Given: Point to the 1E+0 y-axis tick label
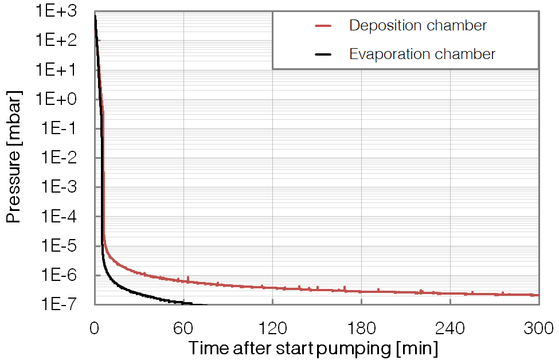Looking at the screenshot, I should [x=63, y=99].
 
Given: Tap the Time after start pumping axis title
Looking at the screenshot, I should [x=314, y=348].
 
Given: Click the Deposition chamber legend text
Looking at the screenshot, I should [x=418, y=26].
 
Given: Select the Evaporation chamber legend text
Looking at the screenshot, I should [x=422, y=54].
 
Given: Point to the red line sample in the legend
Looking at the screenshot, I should [x=323, y=26].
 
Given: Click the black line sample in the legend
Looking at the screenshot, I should [x=323, y=54].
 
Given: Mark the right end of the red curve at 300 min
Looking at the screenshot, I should [x=538, y=295].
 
